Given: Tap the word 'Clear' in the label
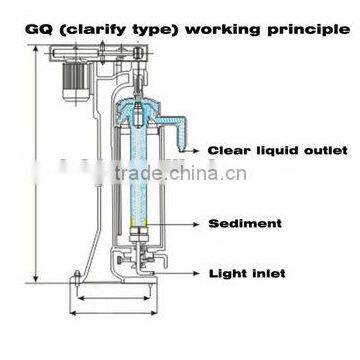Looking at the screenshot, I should pyautogui.click(x=224, y=152).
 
